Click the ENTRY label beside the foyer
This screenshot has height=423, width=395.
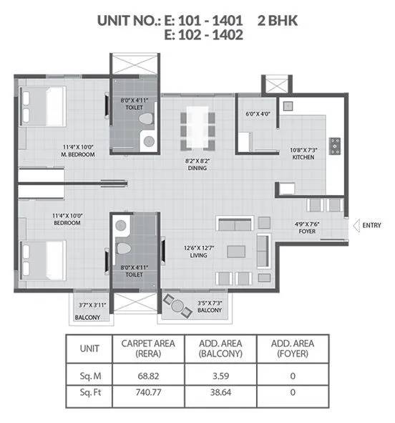click(371, 225)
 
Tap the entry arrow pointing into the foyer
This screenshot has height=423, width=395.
click(354, 226)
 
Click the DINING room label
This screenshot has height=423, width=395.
click(197, 168)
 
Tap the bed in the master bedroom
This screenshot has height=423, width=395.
click(43, 108)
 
